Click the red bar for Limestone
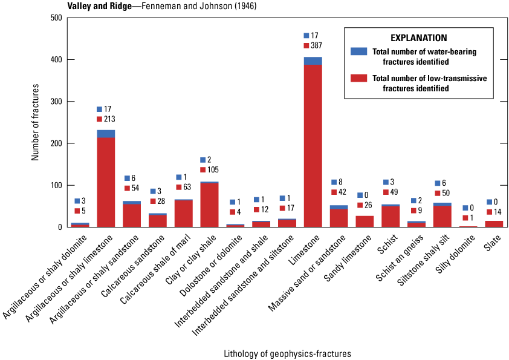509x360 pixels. pyautogui.click(x=313, y=146)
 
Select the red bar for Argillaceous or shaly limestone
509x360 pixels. pyautogui.click(x=106, y=182)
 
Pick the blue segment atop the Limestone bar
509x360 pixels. pyautogui.click(x=313, y=61)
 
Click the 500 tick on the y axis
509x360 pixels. pyautogui.click(x=56, y=18)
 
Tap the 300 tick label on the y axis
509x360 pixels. pyautogui.click(x=56, y=102)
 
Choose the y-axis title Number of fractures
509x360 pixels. pyautogui.click(x=35, y=122)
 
